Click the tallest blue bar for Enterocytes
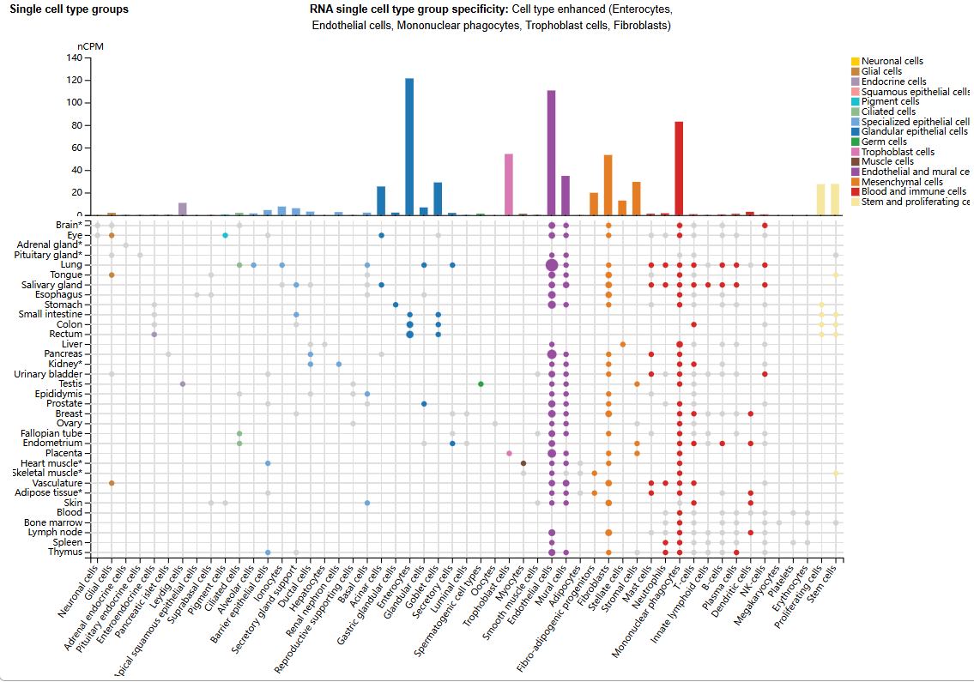click(409, 146)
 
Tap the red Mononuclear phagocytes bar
click(679, 168)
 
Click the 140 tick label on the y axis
click(73, 58)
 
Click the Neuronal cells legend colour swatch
click(855, 61)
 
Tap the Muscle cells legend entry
click(887, 161)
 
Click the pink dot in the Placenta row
click(509, 453)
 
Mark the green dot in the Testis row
click(481, 383)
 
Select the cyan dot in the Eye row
click(225, 235)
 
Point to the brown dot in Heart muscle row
click(523, 463)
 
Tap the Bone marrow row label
click(53, 522)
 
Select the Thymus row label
click(65, 552)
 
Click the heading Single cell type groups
click(69, 9)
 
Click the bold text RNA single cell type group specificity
click(408, 9)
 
